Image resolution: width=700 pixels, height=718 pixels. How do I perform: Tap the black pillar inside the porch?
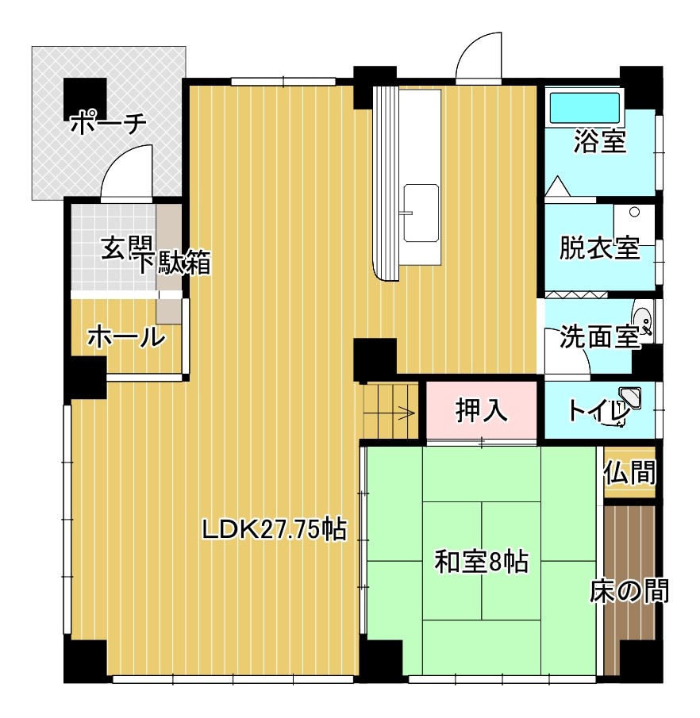point(85,99)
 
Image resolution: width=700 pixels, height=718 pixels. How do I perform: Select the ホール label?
point(126,338)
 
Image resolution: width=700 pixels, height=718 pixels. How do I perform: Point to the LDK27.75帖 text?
point(275,529)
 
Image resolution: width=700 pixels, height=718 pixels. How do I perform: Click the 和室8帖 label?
point(482,562)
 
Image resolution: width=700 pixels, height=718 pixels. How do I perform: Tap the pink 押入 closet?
point(482,409)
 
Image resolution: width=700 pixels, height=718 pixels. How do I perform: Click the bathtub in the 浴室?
point(585,108)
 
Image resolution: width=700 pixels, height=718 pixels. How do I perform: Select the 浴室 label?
point(600,141)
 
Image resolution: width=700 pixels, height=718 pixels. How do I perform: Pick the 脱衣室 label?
point(599,248)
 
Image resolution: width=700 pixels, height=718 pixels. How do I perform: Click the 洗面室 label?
point(599,337)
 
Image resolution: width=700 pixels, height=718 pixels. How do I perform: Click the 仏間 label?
point(629,473)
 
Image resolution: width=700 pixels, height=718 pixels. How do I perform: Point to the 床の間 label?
point(629,591)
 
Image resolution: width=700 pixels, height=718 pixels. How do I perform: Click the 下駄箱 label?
point(175,263)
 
